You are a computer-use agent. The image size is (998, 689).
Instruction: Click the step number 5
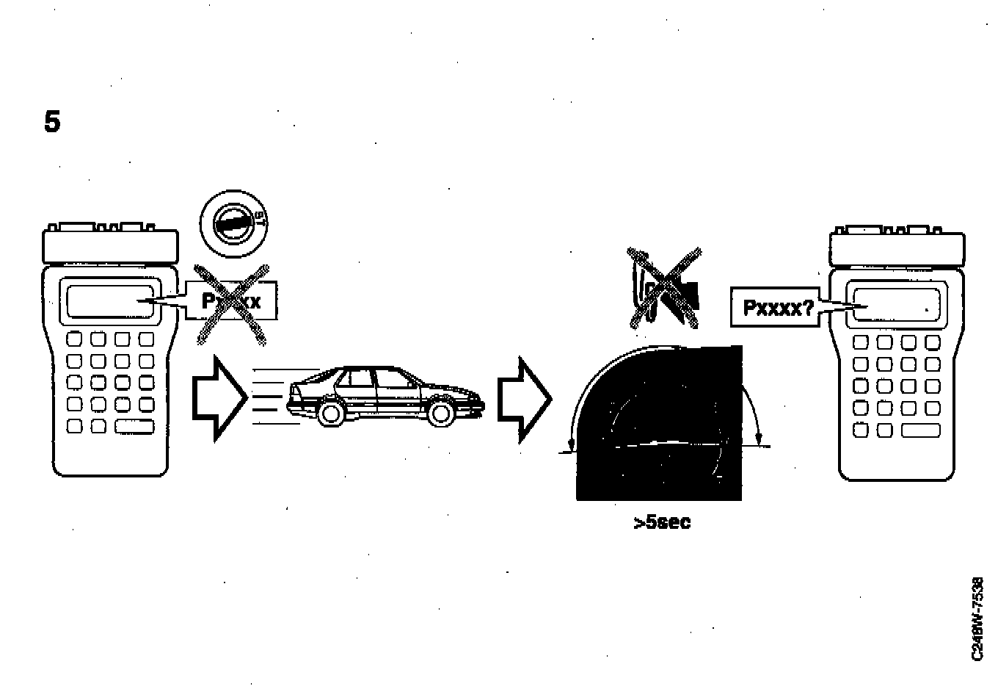[x=52, y=122]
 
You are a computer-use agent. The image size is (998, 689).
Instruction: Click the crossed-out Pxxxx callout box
[x=231, y=302]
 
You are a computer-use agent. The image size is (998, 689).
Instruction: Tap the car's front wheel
[x=440, y=413]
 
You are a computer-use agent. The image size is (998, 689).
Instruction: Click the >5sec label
[x=662, y=523]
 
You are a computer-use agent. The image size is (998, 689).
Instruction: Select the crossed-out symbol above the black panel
[x=663, y=287]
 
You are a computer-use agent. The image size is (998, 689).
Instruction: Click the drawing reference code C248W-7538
[x=977, y=618]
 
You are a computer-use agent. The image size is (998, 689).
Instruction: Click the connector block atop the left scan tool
[x=111, y=243]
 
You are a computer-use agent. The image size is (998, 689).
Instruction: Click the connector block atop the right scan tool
[x=897, y=248]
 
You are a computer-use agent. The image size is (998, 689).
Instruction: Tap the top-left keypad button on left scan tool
[x=75, y=339]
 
